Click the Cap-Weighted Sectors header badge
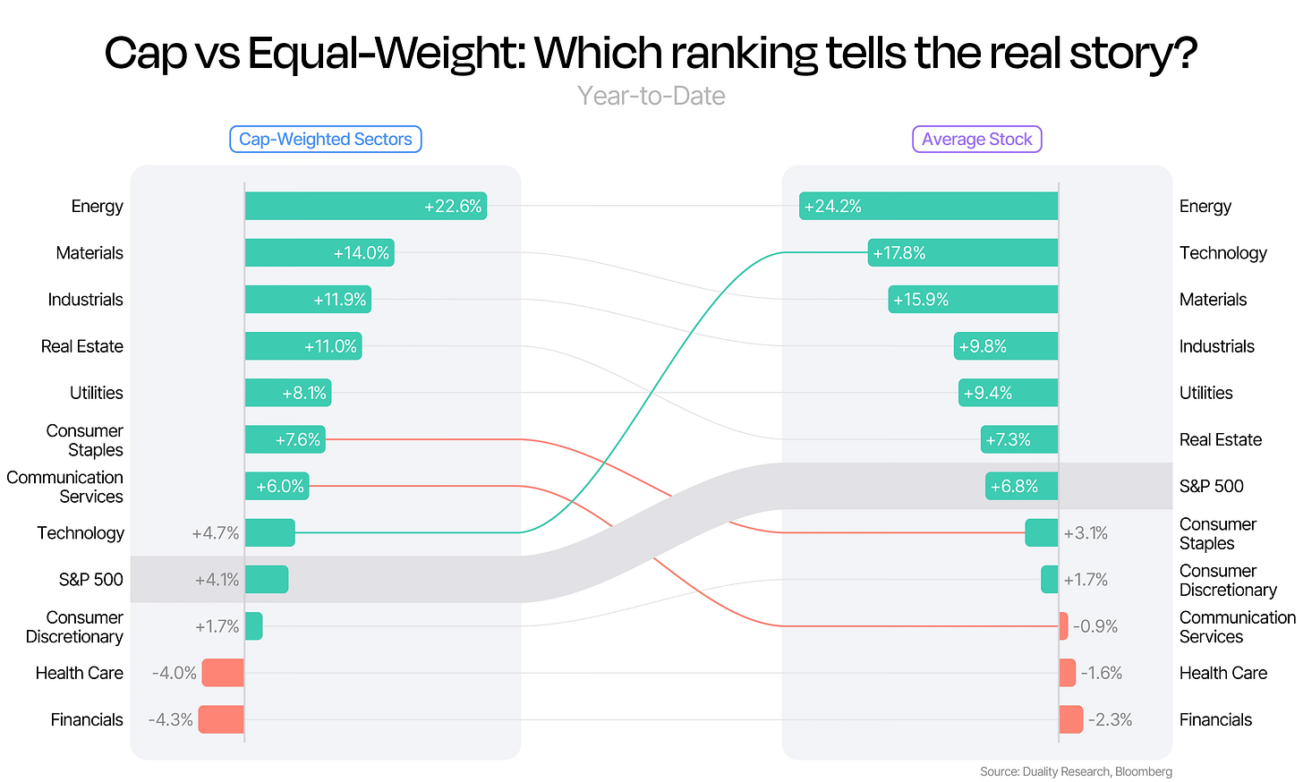click(x=325, y=139)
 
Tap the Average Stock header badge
click(x=976, y=139)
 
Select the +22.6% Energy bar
click(x=366, y=206)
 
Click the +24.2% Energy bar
click(x=928, y=206)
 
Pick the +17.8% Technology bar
click(x=963, y=253)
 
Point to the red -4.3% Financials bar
click(x=221, y=719)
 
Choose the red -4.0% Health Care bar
click(x=223, y=673)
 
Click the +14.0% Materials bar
click(x=319, y=253)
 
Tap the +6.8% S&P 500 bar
click(x=1021, y=486)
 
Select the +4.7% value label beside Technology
click(x=215, y=533)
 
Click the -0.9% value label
click(x=1095, y=626)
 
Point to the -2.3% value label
click(x=1110, y=719)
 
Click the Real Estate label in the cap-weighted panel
click(x=82, y=346)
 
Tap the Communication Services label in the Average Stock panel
click(x=1238, y=626)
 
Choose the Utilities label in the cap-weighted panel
click(x=97, y=393)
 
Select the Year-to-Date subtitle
click(x=651, y=96)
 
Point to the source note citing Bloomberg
click(x=1076, y=771)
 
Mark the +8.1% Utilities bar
click(x=288, y=393)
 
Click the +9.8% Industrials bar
click(x=1006, y=346)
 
